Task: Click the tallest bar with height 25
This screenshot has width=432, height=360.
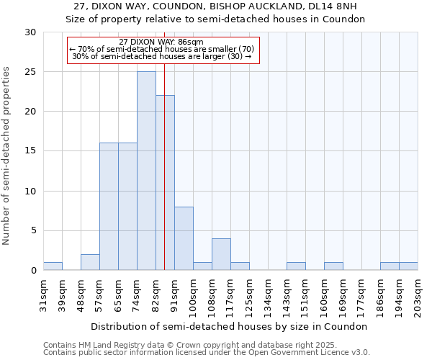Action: [x=146, y=171]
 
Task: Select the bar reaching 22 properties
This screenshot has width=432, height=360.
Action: [x=165, y=183]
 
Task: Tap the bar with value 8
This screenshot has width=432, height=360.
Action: [x=184, y=238]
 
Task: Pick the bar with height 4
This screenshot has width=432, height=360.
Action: [x=221, y=254]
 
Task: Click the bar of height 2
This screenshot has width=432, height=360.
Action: [x=90, y=262]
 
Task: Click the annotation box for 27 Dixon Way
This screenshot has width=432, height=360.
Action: [x=162, y=49]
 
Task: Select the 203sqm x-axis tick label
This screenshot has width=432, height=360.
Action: [x=418, y=294]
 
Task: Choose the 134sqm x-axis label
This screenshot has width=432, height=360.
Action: [x=268, y=294]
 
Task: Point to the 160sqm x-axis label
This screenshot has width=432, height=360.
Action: [x=324, y=294]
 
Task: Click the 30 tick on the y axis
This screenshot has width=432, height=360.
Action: [x=30, y=32]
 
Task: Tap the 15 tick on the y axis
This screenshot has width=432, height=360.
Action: [x=30, y=151]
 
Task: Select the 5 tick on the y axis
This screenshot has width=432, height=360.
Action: [x=33, y=230]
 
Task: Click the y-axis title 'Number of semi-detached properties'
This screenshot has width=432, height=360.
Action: [x=7, y=156]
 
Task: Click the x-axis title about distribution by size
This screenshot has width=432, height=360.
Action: [x=229, y=326]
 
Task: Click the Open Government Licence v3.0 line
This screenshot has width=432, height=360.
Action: [x=207, y=352]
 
